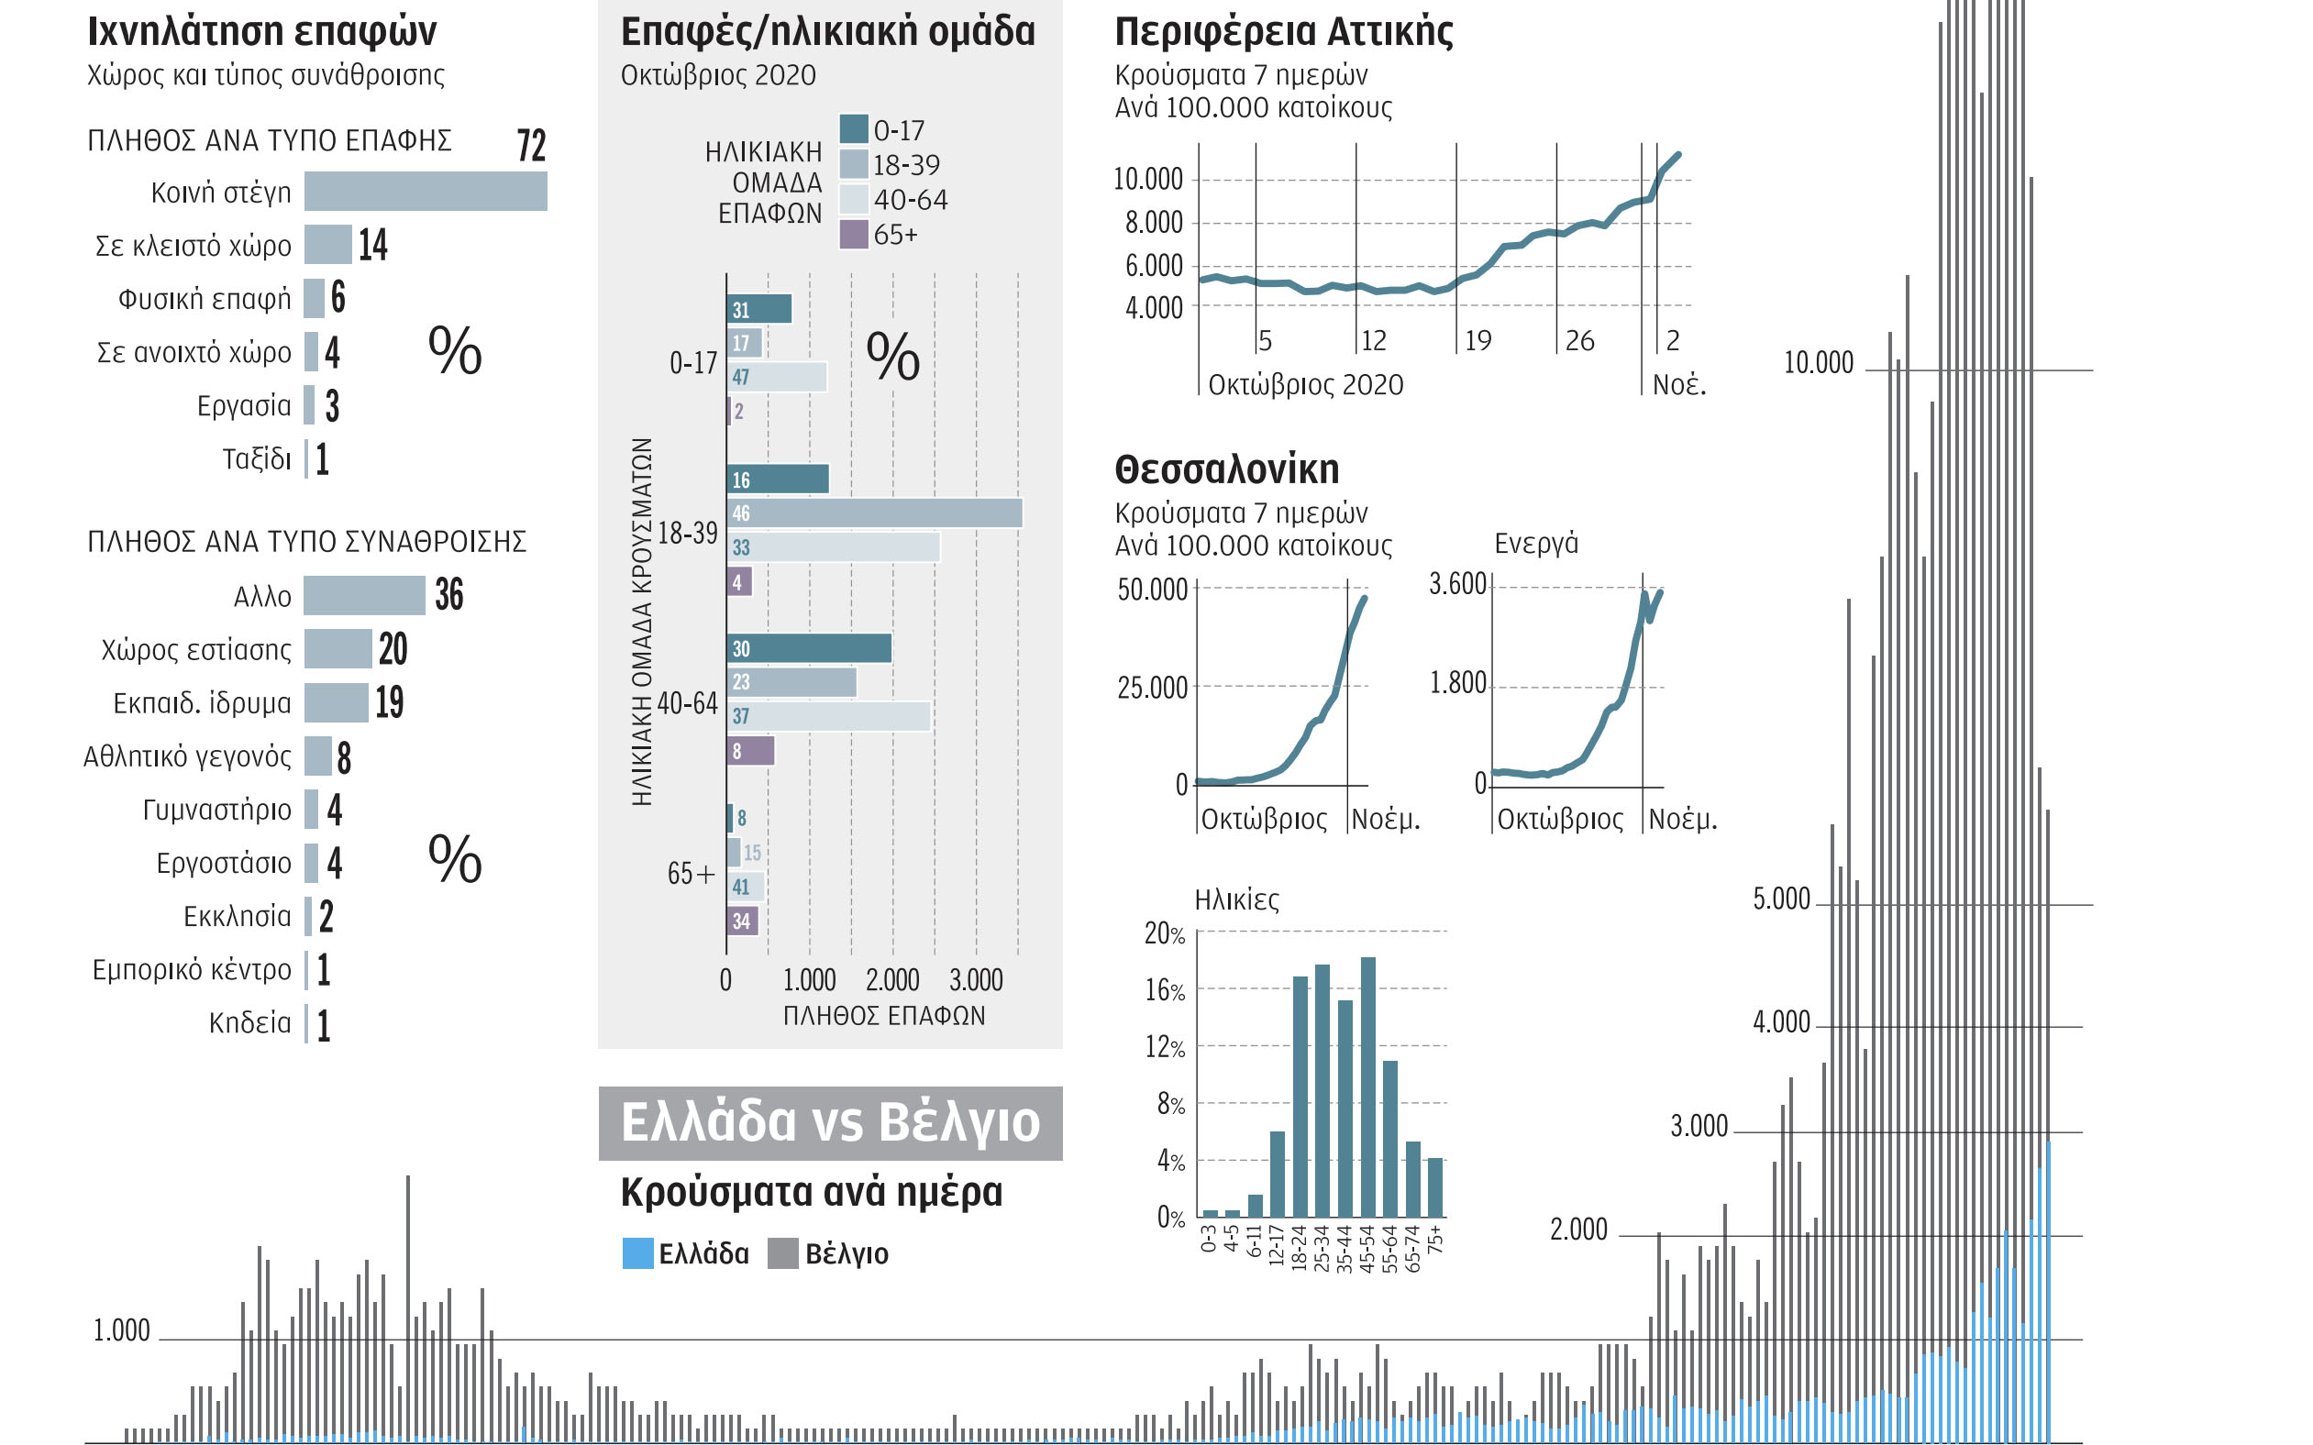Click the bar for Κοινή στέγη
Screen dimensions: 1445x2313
point(426,191)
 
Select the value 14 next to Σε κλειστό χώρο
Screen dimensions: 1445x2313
point(372,245)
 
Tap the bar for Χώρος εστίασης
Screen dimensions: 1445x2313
point(338,649)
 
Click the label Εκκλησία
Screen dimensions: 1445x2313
point(237,917)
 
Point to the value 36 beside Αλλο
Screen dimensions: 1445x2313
point(449,594)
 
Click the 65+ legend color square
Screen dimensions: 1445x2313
point(854,234)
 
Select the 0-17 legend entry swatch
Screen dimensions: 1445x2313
point(854,129)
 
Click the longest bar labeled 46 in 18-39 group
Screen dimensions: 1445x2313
point(875,513)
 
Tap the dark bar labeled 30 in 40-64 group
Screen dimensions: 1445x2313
point(809,649)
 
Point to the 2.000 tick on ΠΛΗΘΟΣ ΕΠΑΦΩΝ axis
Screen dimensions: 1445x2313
point(891,979)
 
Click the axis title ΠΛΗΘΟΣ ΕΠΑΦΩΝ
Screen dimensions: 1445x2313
point(884,1016)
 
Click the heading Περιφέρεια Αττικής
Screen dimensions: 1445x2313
point(1284,31)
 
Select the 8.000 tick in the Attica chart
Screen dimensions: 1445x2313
point(1154,223)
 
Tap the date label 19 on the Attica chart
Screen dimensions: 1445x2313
point(1477,340)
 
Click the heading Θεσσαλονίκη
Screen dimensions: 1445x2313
point(1226,469)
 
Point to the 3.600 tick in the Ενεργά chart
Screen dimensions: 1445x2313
point(1456,584)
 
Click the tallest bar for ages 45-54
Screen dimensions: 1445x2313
point(1367,1087)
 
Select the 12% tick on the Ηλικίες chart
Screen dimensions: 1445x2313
point(1164,1047)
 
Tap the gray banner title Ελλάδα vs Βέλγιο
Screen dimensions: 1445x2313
point(830,1123)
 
